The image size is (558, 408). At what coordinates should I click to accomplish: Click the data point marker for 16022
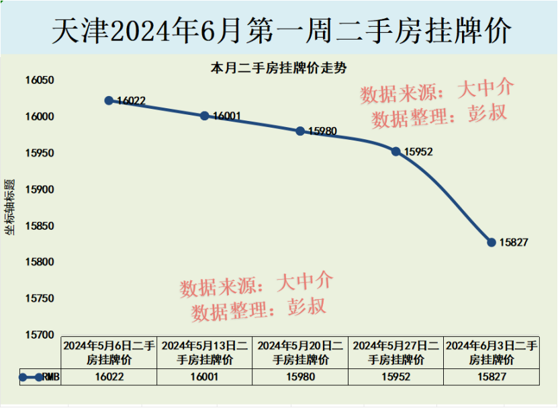coord(109,100)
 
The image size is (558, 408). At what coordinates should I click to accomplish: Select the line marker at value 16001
coord(205,116)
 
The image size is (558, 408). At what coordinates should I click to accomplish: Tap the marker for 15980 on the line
coord(300,131)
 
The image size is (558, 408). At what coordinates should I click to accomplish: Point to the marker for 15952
coord(396,151)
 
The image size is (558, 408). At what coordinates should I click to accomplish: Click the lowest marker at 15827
coord(492,242)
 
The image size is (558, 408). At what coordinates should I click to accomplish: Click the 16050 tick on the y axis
coord(39,80)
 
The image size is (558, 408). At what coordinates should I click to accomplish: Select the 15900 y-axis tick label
coord(39,190)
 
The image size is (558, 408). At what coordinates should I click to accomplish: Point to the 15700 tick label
coord(39,335)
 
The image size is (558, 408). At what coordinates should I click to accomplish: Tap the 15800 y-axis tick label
coord(39,262)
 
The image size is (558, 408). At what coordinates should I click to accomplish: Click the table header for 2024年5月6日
coord(109,352)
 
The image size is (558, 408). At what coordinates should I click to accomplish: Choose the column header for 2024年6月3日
coord(492,352)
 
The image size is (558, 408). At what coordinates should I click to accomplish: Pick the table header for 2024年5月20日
coord(300,352)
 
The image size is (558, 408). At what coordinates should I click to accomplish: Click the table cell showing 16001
coord(205,377)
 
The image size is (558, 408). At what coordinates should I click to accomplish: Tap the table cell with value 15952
coord(396,377)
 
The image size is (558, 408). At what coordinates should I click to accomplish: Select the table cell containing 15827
coord(492,377)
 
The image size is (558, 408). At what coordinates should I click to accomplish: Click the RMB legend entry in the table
coord(40,377)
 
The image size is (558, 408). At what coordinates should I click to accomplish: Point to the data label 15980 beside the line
coord(322,132)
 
